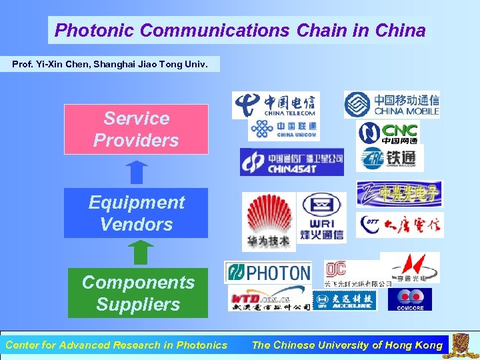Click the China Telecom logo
point(275,105)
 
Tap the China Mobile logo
point(391,105)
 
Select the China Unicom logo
point(283,129)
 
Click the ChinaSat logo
point(292,162)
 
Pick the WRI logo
point(321,218)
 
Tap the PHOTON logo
point(268,273)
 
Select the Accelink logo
point(344,300)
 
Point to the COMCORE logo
point(410,299)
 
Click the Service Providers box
point(136,129)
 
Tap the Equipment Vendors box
point(136,213)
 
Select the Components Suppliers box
point(138,293)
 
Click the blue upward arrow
point(136,172)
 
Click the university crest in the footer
point(461,345)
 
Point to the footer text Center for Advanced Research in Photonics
point(116,345)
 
